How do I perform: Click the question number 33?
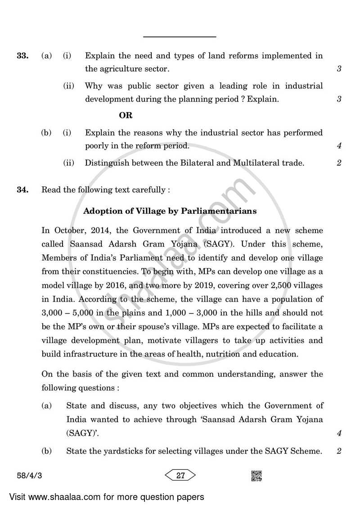[22, 56]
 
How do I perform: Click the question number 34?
[22, 190]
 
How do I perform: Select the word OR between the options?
[126, 116]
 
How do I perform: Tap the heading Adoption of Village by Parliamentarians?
[170, 211]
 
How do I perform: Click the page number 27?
[181, 475]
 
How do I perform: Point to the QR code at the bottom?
[256, 475]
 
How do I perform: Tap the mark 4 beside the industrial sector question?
[339, 146]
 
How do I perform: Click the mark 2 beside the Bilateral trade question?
[339, 163]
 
